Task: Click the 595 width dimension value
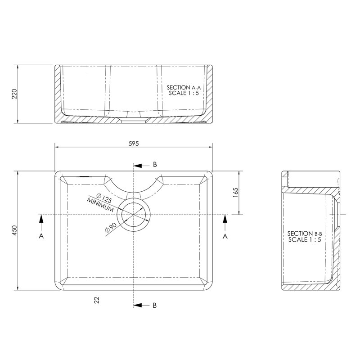(134, 144)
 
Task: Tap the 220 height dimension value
(14, 94)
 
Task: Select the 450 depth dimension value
(14, 230)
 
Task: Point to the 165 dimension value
(235, 193)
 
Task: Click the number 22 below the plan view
(97, 300)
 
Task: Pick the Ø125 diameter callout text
(104, 198)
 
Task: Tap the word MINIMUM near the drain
(100, 205)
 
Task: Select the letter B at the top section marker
(155, 165)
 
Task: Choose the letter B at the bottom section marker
(155, 306)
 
